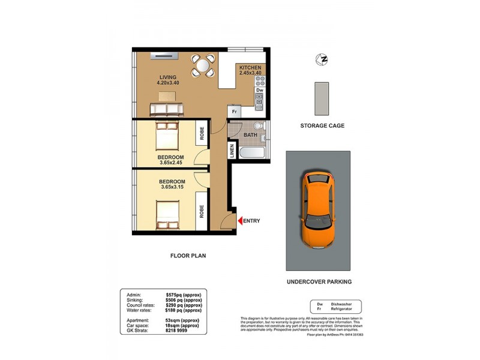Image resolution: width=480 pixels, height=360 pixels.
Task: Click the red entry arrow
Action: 241,221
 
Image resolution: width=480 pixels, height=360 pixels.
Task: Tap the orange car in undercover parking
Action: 317,208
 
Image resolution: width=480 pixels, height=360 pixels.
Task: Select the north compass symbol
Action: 322,59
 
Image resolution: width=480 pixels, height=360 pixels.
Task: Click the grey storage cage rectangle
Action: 322,98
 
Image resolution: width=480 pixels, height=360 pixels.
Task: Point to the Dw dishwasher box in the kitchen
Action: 259,91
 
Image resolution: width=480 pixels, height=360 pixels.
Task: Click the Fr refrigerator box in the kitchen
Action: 233,112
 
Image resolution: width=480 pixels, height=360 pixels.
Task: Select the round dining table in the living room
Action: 203,65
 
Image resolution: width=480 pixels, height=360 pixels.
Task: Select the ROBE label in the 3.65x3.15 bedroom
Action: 202,212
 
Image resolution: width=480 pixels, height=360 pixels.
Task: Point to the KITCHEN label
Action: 250,68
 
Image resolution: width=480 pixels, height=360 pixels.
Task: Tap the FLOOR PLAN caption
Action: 187,256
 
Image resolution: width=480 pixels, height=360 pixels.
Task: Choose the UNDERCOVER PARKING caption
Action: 319,281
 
